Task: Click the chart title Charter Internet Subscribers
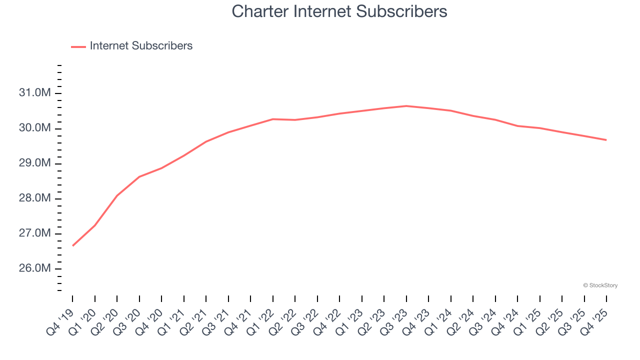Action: coord(339,11)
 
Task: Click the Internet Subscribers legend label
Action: coord(141,46)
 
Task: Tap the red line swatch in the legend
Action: coord(78,46)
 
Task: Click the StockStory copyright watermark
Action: coord(600,285)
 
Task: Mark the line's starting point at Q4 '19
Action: coord(72,246)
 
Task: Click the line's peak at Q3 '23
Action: coord(406,106)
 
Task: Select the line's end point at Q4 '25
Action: coord(606,140)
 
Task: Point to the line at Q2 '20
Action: coord(117,195)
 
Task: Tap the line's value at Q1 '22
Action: coord(273,119)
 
